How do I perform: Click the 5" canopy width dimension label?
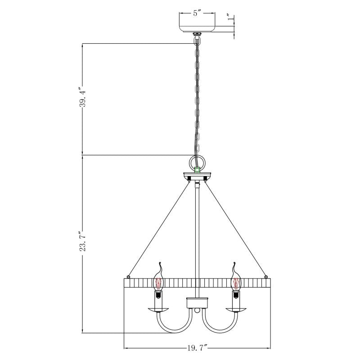pyautogui.click(x=196, y=13)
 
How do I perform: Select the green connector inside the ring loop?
pyautogui.click(x=197, y=170)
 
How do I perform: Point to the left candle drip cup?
pyautogui.click(x=158, y=310)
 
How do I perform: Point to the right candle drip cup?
pyautogui.click(x=235, y=310)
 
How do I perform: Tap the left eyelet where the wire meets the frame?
pyautogui.click(x=129, y=276)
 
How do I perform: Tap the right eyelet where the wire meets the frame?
pyautogui.click(x=265, y=276)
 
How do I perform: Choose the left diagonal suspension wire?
pyautogui.click(x=157, y=229)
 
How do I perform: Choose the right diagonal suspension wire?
pyautogui.click(x=236, y=229)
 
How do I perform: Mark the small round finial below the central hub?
pyautogui.click(x=197, y=310)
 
